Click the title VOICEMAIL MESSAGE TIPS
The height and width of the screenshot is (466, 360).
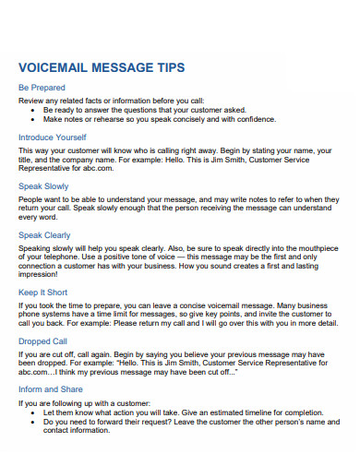[x=102, y=67]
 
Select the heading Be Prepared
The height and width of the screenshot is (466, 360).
[x=42, y=88]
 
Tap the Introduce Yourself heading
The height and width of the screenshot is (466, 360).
[x=54, y=137]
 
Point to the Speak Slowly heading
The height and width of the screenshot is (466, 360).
[x=43, y=185]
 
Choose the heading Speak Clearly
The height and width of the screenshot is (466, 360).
[x=44, y=235]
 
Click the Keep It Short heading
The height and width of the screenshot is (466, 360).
[x=43, y=293]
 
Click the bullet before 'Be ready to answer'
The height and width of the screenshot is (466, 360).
[x=33, y=109]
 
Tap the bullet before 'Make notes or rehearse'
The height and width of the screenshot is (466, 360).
[x=33, y=118]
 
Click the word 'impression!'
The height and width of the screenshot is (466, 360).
[x=39, y=274]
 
